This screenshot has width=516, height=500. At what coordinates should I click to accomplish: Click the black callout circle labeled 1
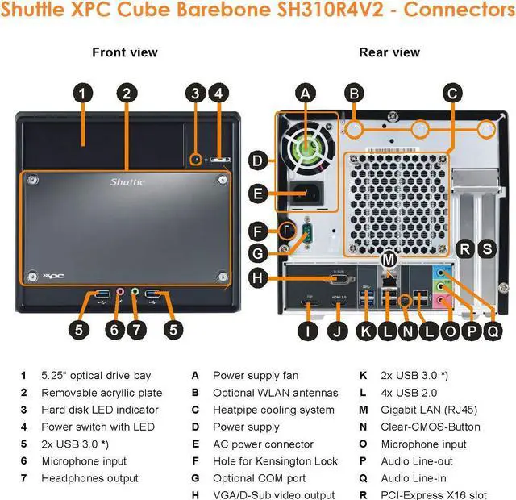pyautogui.click(x=82, y=93)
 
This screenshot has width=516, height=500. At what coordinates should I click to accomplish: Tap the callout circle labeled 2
pyautogui.click(x=125, y=93)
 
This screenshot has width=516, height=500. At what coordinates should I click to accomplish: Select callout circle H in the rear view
pyautogui.click(x=256, y=278)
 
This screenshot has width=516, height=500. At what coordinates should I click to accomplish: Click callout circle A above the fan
pyautogui.click(x=305, y=93)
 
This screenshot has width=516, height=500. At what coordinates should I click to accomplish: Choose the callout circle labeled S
pyautogui.click(x=487, y=248)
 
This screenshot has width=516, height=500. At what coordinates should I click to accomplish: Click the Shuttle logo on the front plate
pyautogui.click(x=127, y=182)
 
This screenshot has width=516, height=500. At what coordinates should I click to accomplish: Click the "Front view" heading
pyautogui.click(x=125, y=52)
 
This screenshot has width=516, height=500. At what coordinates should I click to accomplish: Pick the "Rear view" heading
pyautogui.click(x=389, y=52)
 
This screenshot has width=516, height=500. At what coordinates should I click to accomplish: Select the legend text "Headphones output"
pyautogui.click(x=89, y=478)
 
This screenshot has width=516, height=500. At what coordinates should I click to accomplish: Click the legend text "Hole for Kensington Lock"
pyautogui.click(x=274, y=461)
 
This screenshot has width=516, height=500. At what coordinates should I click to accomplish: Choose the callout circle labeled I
pyautogui.click(x=307, y=328)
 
